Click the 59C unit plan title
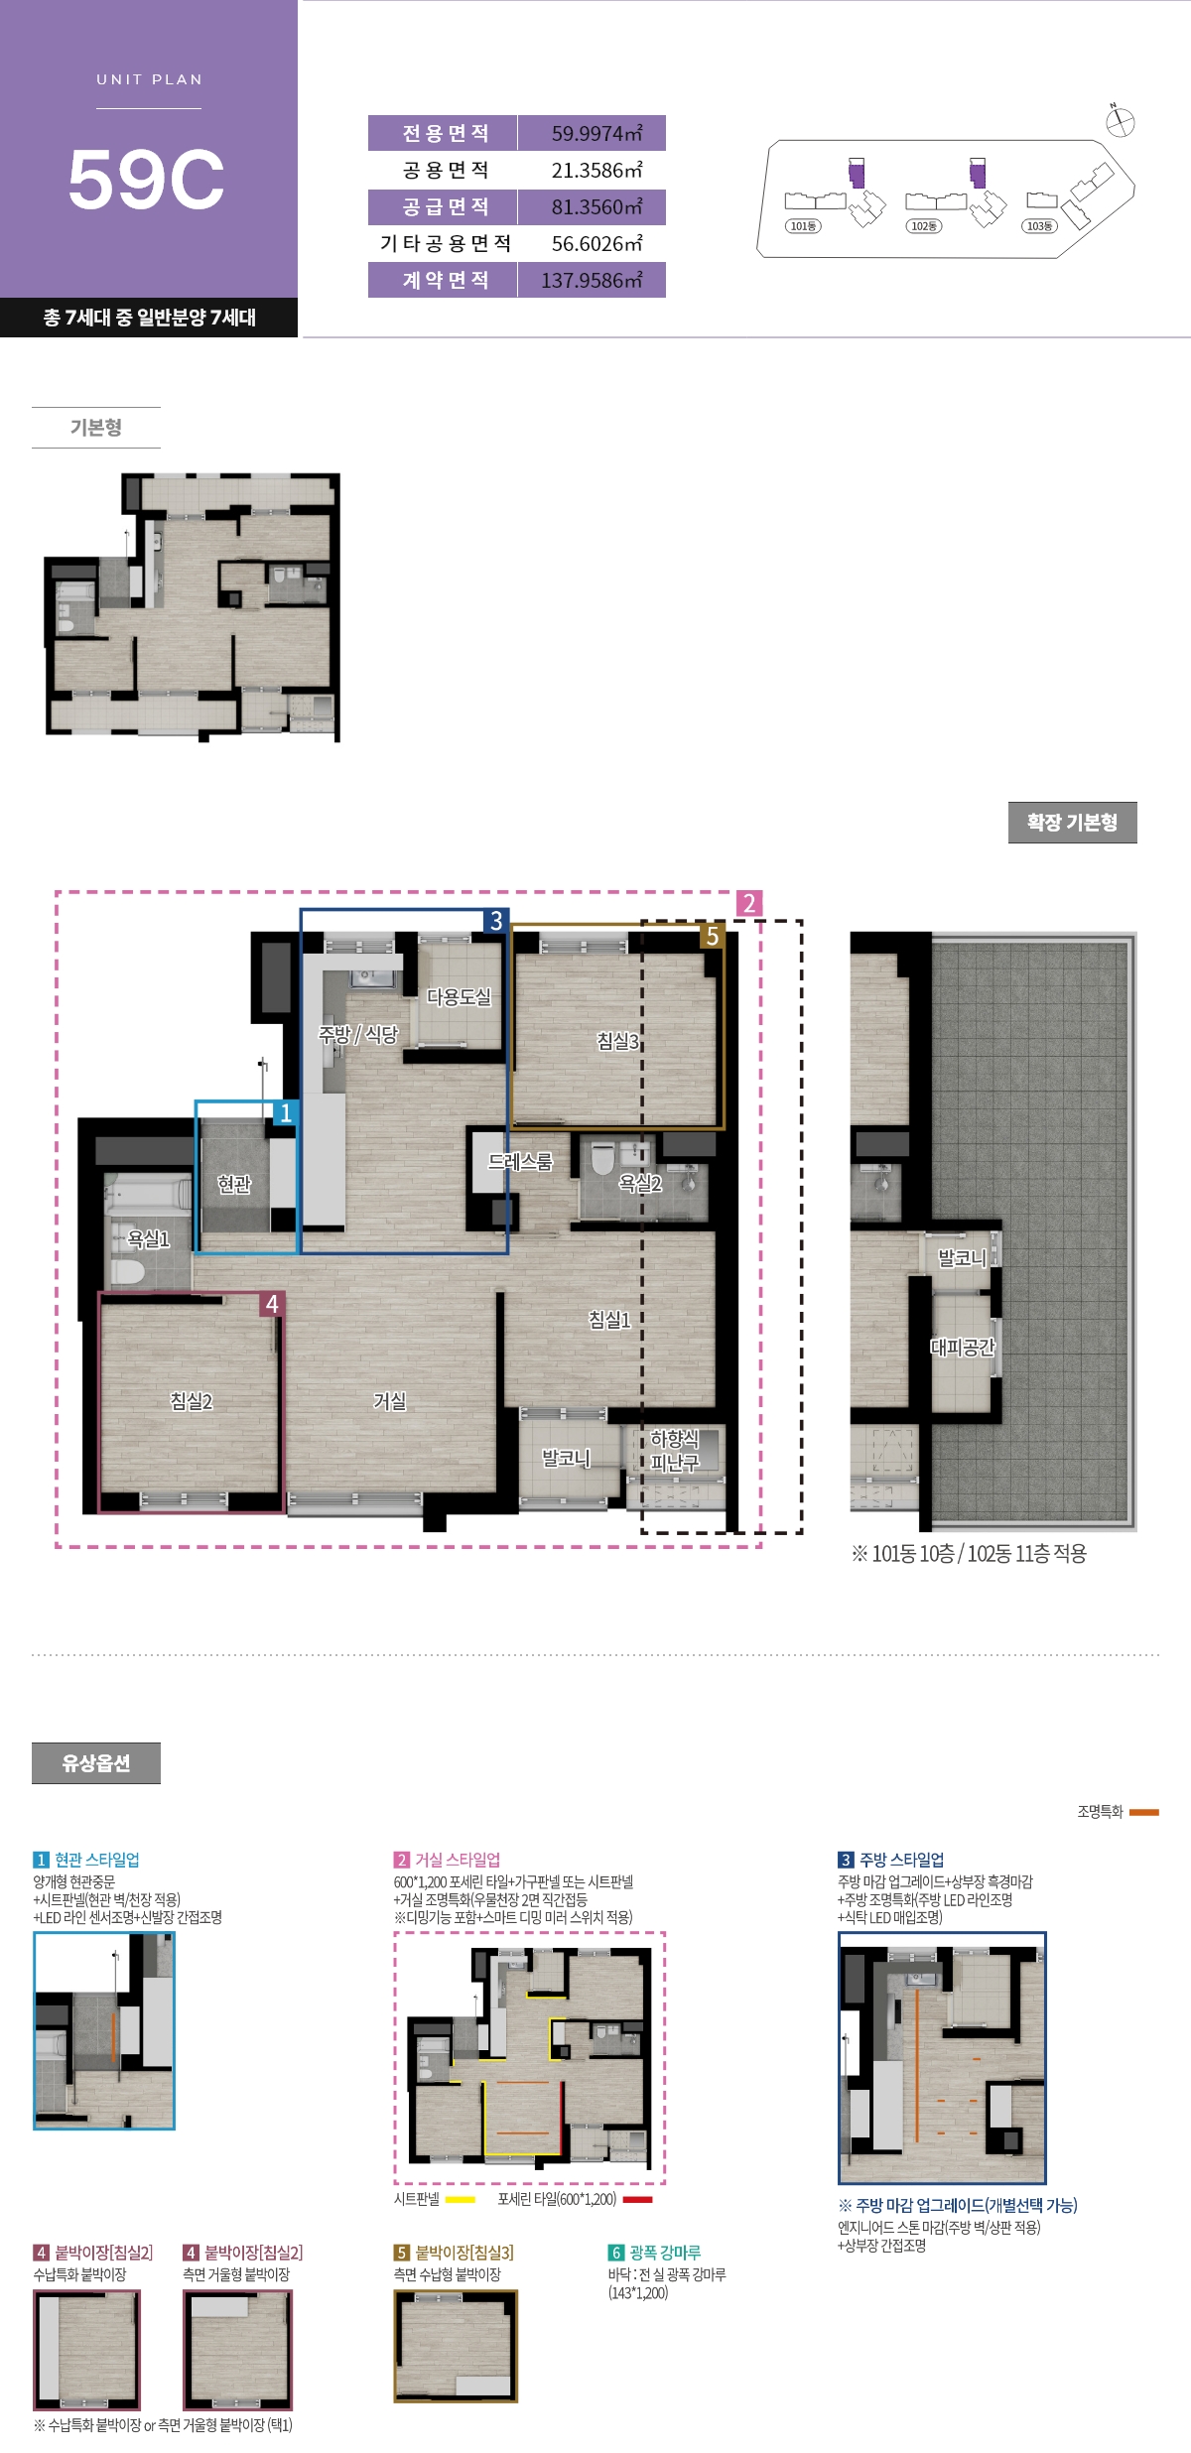click(147, 180)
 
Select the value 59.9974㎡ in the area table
click(596, 133)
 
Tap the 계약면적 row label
click(446, 280)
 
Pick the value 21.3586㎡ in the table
click(596, 170)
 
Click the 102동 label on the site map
click(924, 226)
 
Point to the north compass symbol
click(1120, 121)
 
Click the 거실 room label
click(390, 1400)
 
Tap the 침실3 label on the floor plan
click(617, 1041)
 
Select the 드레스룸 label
click(520, 1161)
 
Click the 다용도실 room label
click(459, 996)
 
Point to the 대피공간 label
click(962, 1347)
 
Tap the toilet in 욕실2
click(602, 1158)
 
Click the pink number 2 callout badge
click(749, 903)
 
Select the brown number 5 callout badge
click(712, 936)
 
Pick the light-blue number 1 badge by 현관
click(286, 1112)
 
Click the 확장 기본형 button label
click(1072, 823)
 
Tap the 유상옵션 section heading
click(96, 1762)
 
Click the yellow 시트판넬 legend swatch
click(461, 2200)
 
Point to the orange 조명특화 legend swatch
click(1144, 1812)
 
